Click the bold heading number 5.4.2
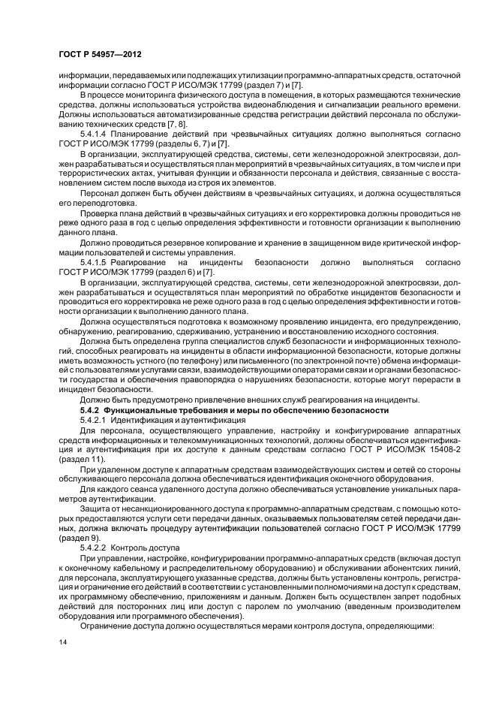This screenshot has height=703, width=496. tap(92, 411)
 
